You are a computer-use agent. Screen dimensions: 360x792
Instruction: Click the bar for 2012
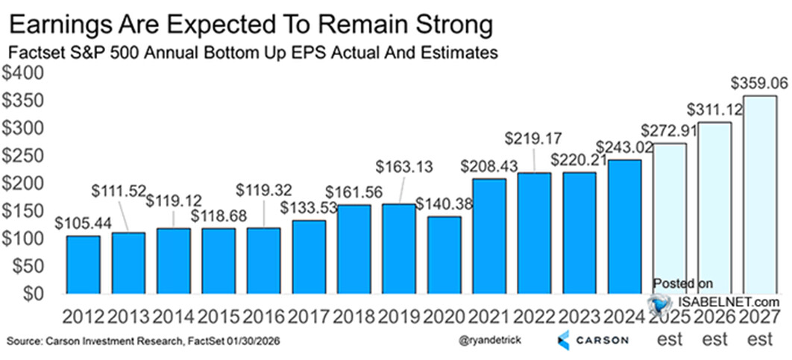[x=83, y=264]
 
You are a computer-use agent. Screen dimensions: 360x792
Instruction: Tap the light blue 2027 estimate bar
[x=759, y=194]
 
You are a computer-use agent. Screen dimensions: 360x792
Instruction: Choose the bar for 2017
[x=308, y=256]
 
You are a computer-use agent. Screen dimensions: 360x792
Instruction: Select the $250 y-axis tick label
[x=25, y=156]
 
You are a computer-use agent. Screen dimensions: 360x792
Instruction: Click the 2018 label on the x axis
[x=353, y=318]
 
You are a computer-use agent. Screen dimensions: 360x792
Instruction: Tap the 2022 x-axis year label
[x=533, y=318]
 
